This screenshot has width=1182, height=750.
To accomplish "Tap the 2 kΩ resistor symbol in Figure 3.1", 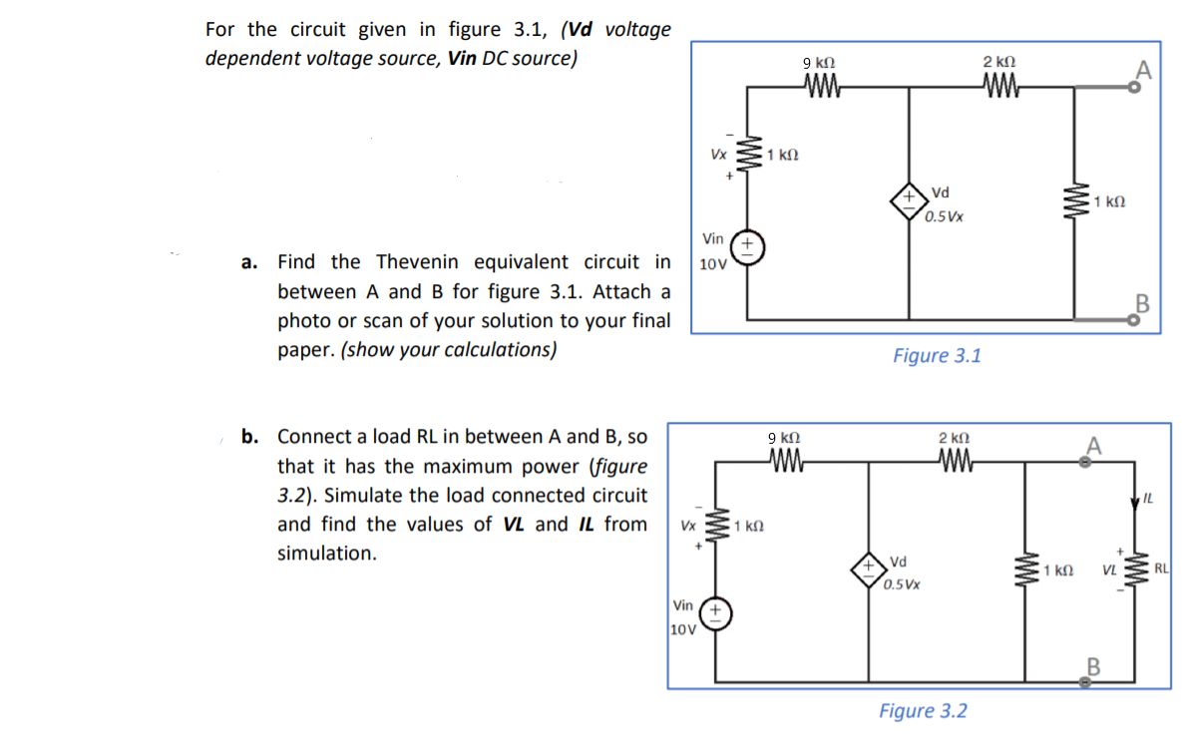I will click(998, 87).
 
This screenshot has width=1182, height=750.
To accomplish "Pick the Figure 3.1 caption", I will click(937, 355).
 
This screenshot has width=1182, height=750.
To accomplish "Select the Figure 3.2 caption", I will click(923, 711).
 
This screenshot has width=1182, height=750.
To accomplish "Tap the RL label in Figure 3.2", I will click(1161, 569).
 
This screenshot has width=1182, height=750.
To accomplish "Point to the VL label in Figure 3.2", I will click(1108, 570).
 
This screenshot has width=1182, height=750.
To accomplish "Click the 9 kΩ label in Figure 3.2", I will click(783, 438).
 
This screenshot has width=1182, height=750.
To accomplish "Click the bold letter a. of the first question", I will click(248, 262).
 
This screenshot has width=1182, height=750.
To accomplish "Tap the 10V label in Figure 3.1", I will click(712, 265).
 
